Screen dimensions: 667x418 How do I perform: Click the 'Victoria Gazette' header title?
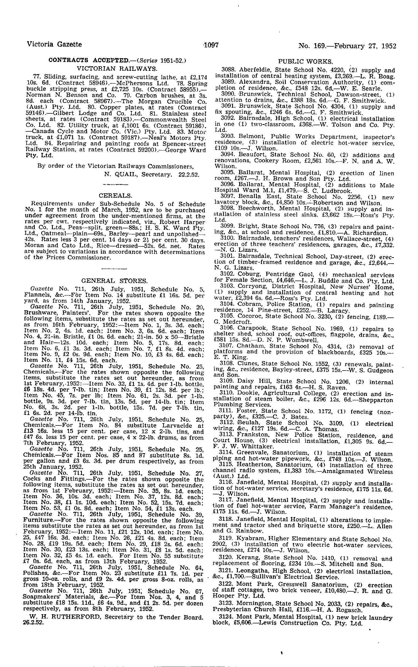point(54,44)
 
